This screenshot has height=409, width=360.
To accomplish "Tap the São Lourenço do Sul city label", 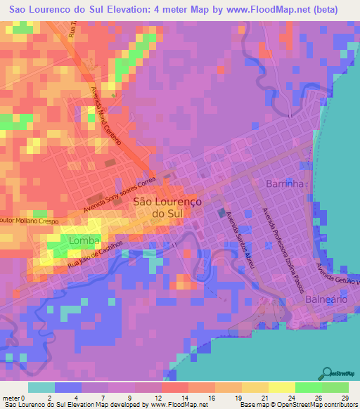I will click(x=167, y=207).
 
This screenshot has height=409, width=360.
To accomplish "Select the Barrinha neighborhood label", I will click(x=285, y=184).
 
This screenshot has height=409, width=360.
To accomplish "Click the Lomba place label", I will click(x=84, y=241).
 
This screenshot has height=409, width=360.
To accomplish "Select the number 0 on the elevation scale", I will click(x=29, y=397).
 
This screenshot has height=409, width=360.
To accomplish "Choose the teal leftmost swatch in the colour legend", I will click(x=41, y=387).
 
